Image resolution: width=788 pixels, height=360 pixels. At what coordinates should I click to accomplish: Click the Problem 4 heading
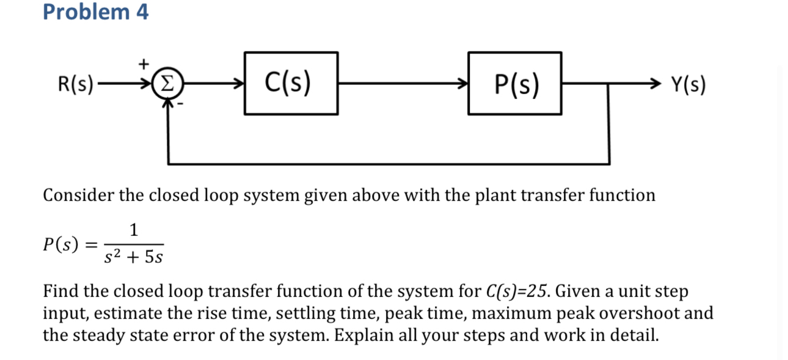(x=95, y=12)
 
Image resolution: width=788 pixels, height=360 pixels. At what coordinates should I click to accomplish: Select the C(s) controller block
(x=291, y=84)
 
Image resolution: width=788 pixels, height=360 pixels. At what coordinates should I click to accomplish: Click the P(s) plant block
(x=515, y=84)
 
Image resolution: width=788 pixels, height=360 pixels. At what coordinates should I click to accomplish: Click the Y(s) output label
(x=688, y=84)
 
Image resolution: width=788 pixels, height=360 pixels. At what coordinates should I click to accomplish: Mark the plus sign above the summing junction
(x=144, y=62)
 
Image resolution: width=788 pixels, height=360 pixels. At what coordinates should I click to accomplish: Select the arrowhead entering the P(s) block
(x=462, y=84)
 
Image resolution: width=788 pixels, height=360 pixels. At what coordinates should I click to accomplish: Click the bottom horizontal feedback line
(x=389, y=164)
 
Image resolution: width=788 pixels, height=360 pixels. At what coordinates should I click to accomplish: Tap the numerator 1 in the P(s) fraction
(x=134, y=230)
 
